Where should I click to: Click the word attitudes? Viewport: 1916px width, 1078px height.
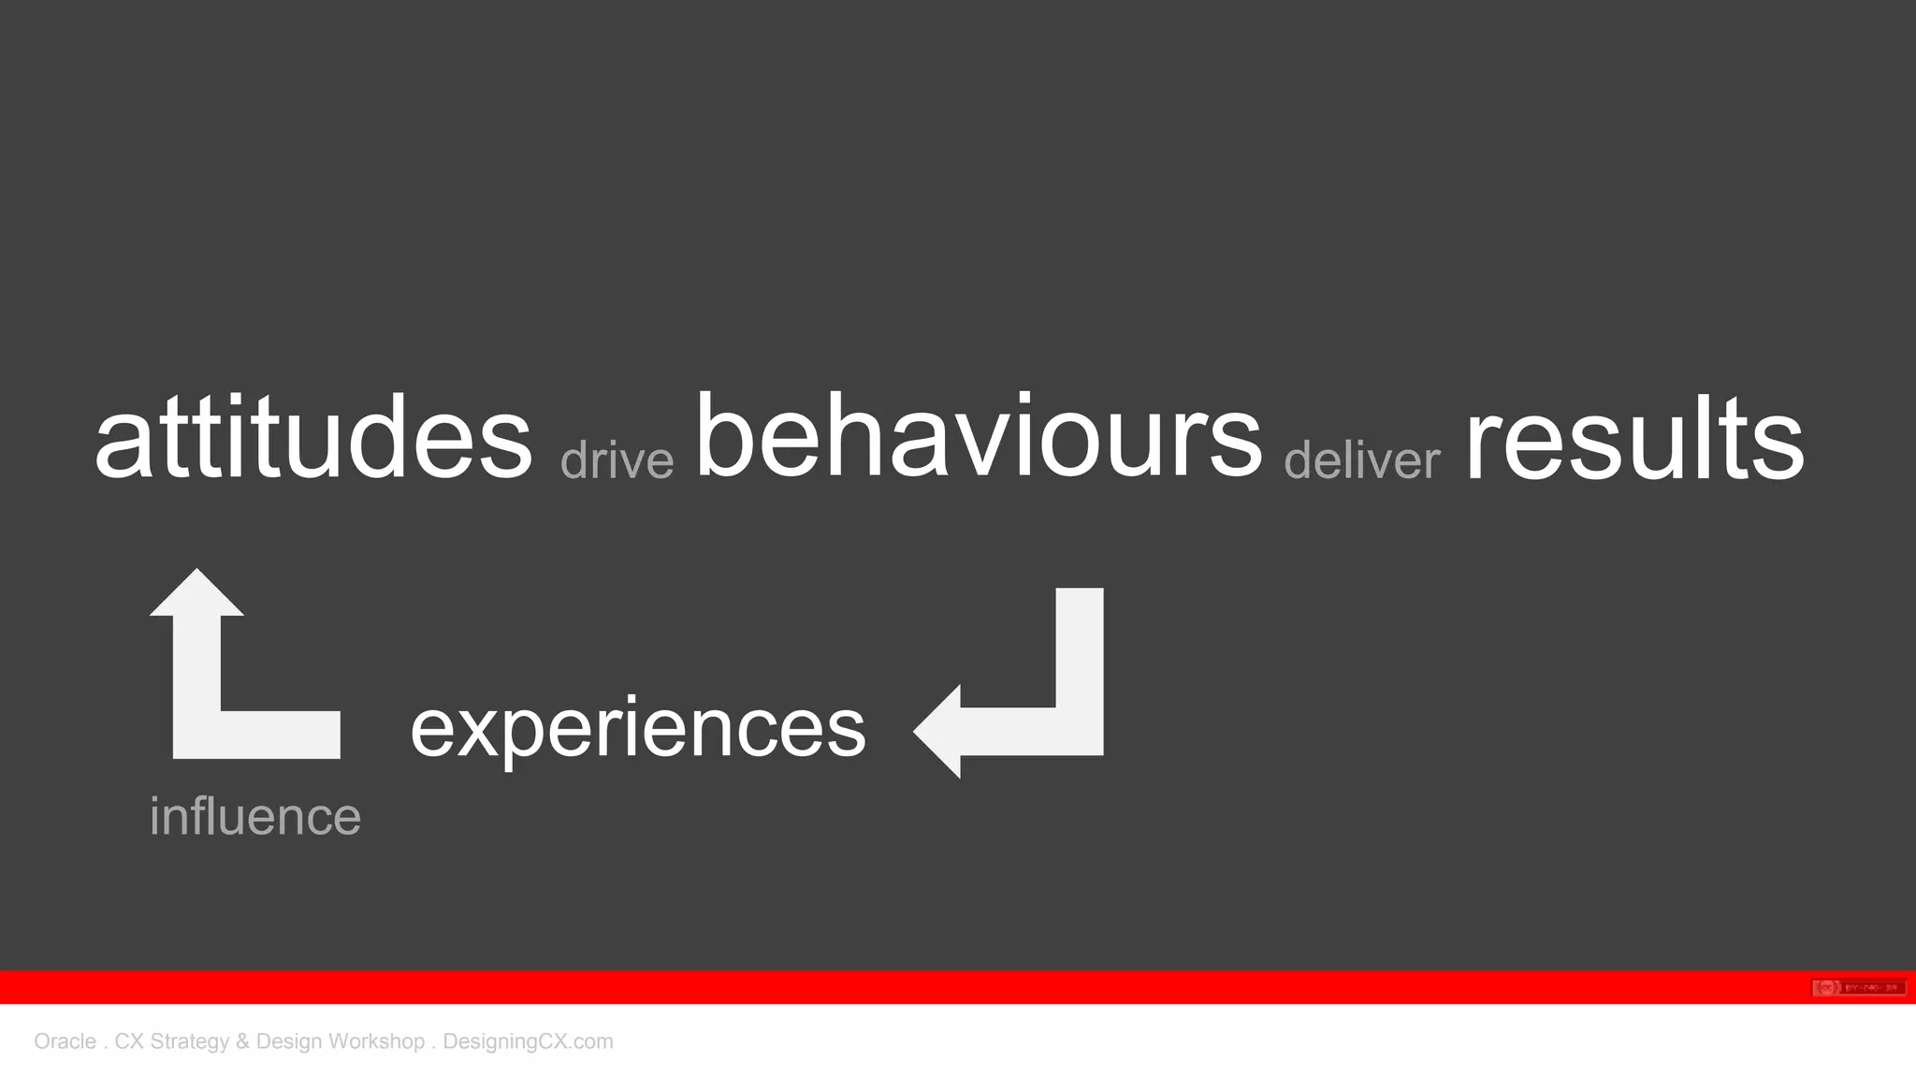coord(313,438)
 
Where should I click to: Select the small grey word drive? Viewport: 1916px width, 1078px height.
coord(617,460)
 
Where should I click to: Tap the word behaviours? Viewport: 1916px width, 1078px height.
coord(979,436)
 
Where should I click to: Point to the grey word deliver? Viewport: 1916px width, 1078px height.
coord(1361,460)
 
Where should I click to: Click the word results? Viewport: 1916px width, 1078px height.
coord(1633,438)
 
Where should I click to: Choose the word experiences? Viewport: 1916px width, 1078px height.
coord(638,730)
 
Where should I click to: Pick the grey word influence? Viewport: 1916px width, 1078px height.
coord(255,816)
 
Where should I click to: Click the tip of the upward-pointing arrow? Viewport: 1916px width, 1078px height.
coord(196,572)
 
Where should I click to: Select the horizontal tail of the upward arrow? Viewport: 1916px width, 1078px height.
coord(281,735)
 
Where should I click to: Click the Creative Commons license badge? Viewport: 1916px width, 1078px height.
coord(1858,987)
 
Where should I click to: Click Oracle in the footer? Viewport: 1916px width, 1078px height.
coord(65,1042)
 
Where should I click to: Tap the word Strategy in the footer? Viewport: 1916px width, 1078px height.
coord(189,1042)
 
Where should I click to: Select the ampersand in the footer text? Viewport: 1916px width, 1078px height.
coord(242,1042)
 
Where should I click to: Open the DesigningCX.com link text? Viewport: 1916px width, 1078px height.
coord(528,1042)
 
